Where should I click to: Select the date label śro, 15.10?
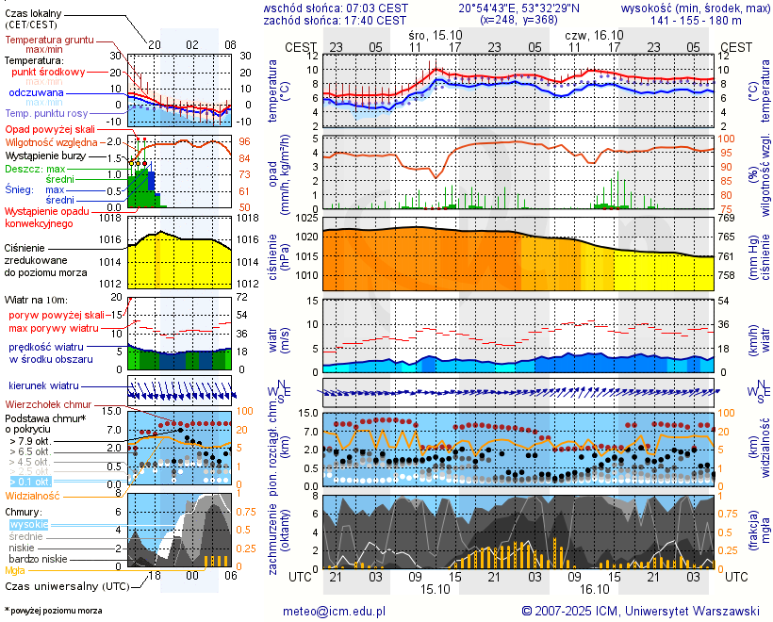(436, 33)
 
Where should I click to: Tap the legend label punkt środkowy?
(49, 72)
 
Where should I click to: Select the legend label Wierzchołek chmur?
(45, 404)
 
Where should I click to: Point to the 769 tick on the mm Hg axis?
(731, 219)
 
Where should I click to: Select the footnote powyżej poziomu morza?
(54, 611)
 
